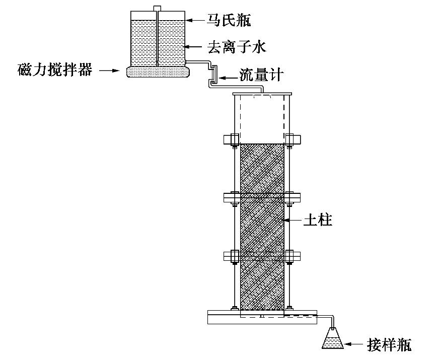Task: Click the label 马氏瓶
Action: [x=229, y=20]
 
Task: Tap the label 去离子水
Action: [x=236, y=48]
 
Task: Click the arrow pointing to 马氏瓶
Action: [x=195, y=20]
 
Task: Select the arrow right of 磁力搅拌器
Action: [x=109, y=71]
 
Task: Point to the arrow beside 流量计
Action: [x=229, y=77]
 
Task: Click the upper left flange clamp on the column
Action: [x=231, y=138]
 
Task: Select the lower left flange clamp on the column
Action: [x=231, y=256]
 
